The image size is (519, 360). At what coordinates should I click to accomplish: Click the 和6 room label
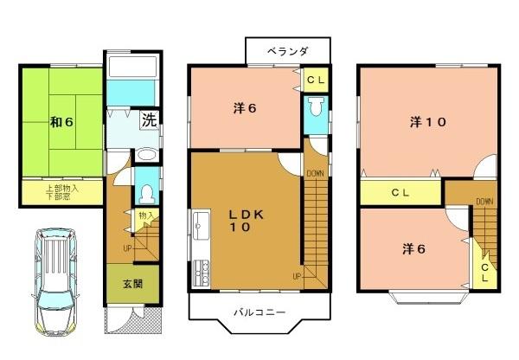click(x=60, y=121)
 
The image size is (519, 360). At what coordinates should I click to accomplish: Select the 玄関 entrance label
click(x=132, y=284)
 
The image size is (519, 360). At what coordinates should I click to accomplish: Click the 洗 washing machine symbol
click(x=149, y=120)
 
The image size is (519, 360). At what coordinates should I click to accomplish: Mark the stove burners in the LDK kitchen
click(x=202, y=273)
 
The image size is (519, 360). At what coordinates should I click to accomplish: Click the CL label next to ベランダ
click(x=316, y=80)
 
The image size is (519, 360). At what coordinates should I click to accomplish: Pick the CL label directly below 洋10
click(x=400, y=192)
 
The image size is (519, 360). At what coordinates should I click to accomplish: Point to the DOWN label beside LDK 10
click(x=315, y=173)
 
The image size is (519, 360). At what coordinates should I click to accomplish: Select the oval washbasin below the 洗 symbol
click(x=145, y=155)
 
